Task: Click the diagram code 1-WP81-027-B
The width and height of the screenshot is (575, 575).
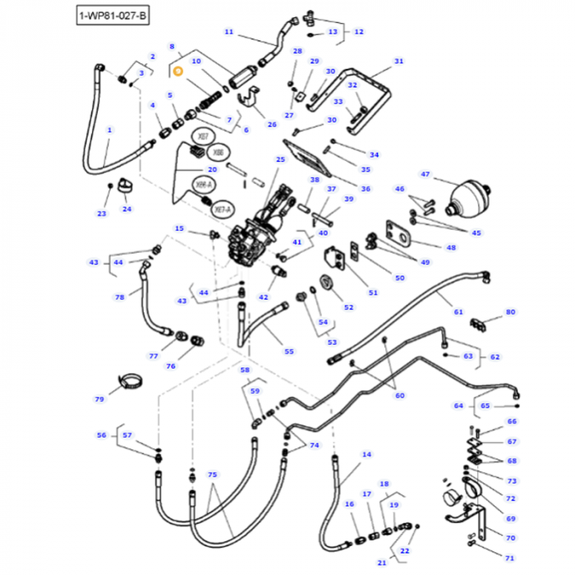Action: point(114,16)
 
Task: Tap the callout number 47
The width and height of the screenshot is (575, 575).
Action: point(425,174)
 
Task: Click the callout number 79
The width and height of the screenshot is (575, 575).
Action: point(99,399)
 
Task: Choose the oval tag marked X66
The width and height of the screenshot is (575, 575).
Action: point(218,154)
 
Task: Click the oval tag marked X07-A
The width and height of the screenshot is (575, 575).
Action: point(221,210)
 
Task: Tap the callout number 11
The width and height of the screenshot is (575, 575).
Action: point(228,32)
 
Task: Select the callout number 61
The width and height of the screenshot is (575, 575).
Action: point(458,312)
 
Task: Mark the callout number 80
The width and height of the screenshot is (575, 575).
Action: point(510,312)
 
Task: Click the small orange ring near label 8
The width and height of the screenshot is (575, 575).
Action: point(177,71)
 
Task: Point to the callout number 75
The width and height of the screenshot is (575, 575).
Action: point(212,476)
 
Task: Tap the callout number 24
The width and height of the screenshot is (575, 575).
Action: point(126,209)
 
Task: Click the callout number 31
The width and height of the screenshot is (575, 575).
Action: point(399,62)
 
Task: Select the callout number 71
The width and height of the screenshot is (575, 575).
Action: point(510,558)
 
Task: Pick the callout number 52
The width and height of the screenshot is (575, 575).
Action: point(348,307)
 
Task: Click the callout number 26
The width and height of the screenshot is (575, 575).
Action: point(272,124)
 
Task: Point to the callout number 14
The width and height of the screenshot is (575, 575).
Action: point(366,454)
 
